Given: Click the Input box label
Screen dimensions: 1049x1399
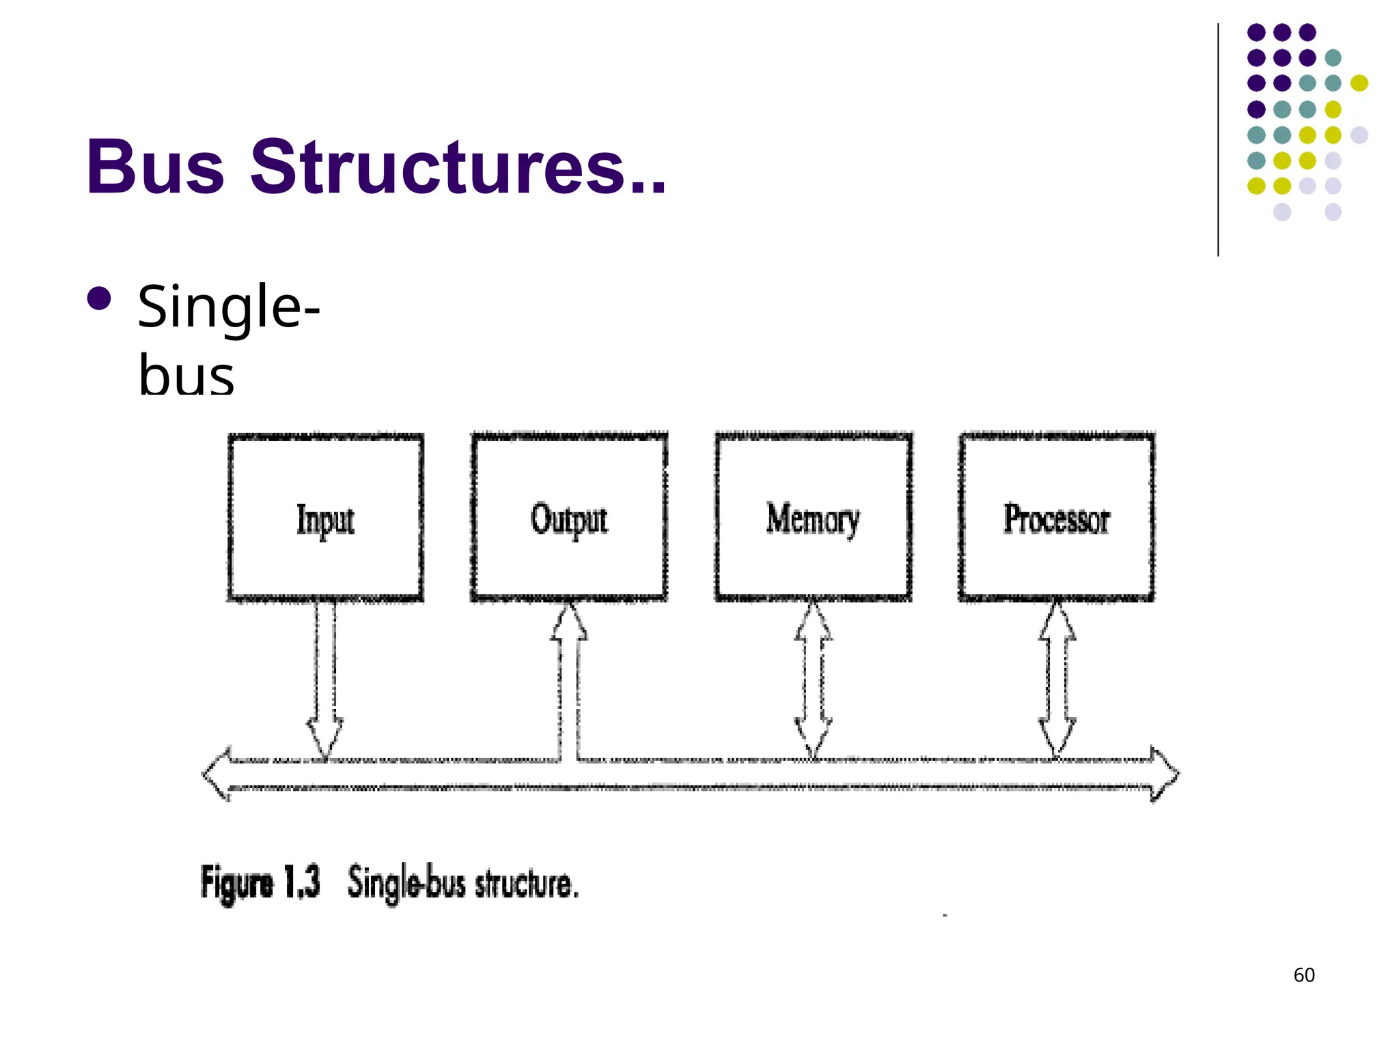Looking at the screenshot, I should point(325,520).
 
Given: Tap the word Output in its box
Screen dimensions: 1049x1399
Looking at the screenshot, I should point(569,520).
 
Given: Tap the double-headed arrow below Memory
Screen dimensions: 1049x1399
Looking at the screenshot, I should point(813,680).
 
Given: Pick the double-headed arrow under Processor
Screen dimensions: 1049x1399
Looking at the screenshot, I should point(1057,680).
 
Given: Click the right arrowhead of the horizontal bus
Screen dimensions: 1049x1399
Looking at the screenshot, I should point(1166,774).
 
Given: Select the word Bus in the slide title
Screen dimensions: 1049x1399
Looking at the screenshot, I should point(155,167).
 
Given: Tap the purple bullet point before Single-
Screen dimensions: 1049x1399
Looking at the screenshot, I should point(100,298).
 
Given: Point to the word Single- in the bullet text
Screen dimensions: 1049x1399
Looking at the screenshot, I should point(229,307).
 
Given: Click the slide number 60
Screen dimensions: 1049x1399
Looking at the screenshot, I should point(1304,975).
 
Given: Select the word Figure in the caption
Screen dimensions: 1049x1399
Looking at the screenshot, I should point(236,882).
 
